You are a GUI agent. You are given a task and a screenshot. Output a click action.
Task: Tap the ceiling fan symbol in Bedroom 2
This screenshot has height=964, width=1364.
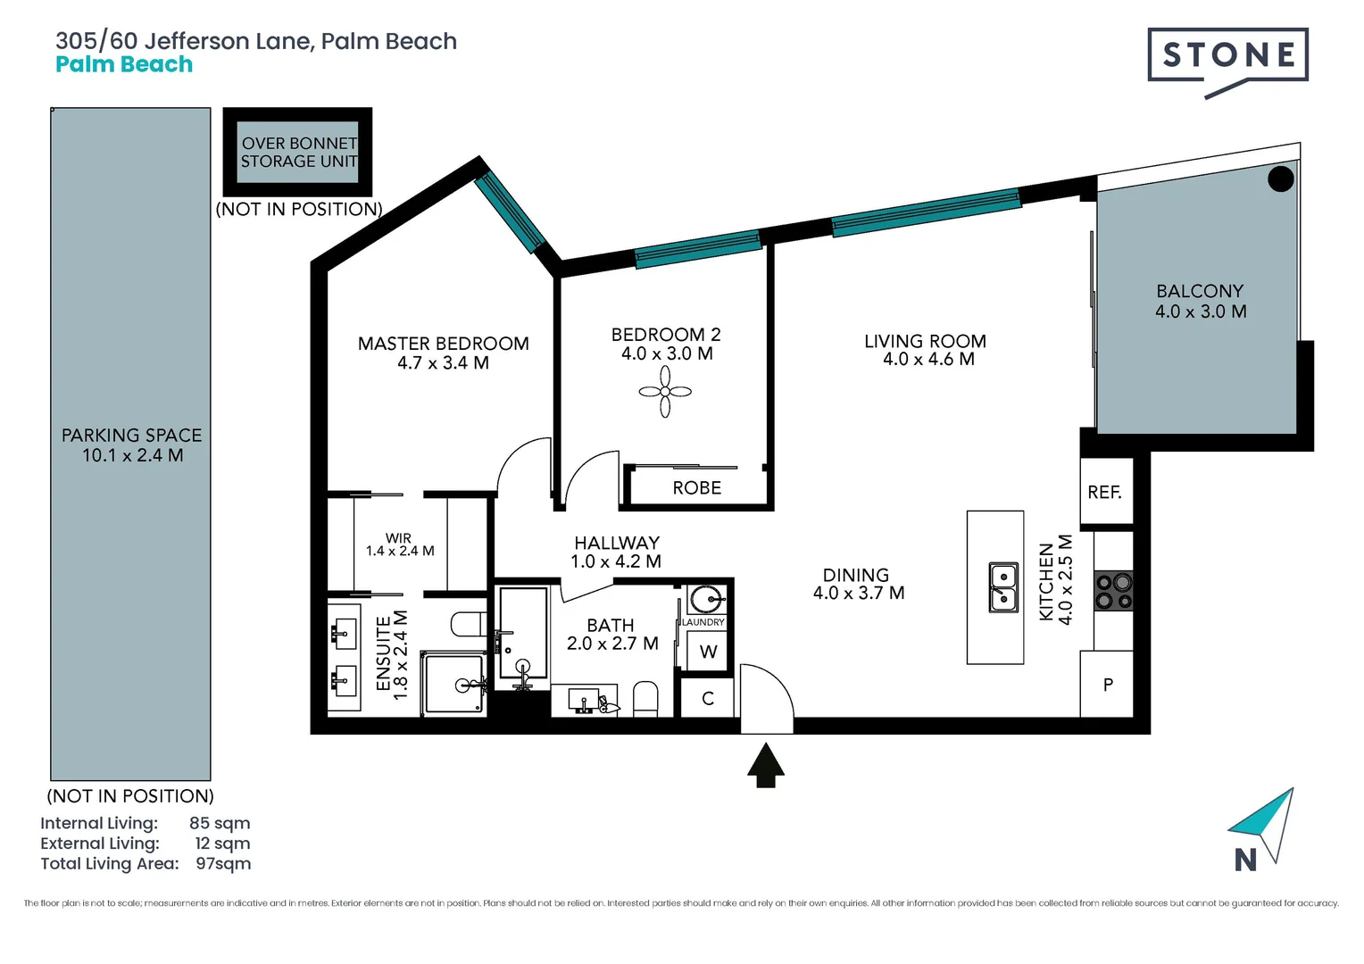665,391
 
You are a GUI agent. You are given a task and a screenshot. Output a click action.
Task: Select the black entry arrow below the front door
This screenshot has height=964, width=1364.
766,766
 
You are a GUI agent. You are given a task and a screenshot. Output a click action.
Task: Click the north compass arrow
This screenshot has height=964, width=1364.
1266,823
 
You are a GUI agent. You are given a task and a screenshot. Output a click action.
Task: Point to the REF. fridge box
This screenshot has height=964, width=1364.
1105,492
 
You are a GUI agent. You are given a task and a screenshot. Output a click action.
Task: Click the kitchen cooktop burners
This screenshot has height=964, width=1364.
1113,591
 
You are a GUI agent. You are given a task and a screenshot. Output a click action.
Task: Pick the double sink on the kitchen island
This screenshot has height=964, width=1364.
1003,587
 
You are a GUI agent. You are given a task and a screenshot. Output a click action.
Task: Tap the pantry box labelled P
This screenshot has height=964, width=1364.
1107,685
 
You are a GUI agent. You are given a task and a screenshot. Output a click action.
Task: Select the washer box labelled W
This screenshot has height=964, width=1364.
709,652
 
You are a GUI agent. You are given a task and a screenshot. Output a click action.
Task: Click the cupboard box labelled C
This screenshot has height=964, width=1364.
708,698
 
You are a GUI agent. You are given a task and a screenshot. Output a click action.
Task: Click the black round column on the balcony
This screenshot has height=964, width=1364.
1281,179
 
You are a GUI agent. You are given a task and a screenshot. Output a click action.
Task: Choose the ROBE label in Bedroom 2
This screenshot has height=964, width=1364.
697,488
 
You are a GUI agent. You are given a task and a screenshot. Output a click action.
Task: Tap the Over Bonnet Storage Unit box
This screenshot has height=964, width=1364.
297,153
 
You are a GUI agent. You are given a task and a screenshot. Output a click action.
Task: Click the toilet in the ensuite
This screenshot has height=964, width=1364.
468,623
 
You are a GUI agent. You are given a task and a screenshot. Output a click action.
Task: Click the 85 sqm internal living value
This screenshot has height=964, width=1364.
220,823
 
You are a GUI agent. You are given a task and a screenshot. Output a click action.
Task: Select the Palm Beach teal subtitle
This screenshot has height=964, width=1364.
124,64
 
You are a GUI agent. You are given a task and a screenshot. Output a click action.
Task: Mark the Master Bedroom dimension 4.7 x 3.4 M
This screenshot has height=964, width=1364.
443,363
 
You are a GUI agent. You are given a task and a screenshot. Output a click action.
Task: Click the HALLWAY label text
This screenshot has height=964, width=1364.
617,543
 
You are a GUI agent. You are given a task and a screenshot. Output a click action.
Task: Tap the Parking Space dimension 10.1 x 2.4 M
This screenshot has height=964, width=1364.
132,455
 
